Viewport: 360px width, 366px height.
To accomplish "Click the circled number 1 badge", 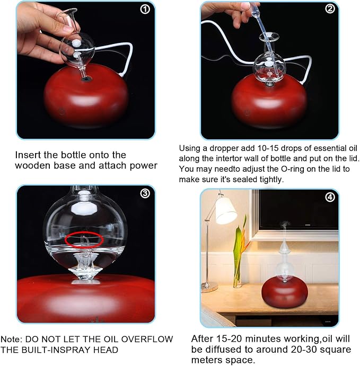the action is click(x=145, y=10).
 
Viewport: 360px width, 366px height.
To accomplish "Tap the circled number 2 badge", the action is click(x=330, y=8).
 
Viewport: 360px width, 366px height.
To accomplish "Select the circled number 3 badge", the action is click(x=145, y=193).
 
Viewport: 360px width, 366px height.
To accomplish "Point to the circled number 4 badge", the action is click(x=330, y=197).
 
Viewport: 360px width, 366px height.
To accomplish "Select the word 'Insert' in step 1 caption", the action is click(x=28, y=155).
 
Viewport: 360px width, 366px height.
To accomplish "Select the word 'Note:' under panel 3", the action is click(x=12, y=339).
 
